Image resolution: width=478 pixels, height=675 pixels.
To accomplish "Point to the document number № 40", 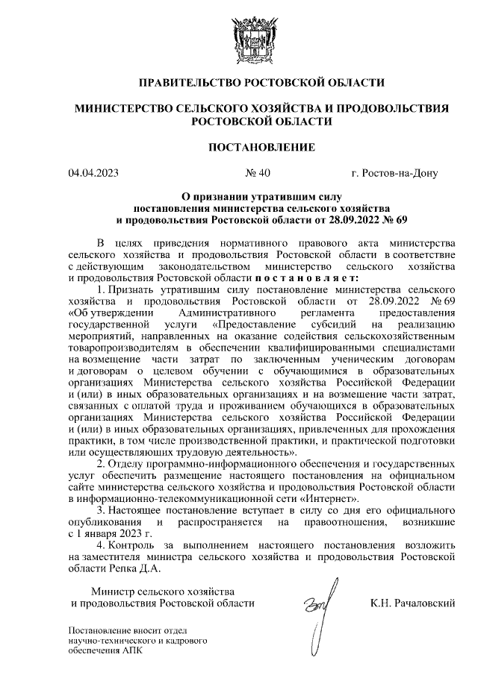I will [258, 175].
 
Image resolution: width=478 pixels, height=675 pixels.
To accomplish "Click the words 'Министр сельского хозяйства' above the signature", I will [153, 591].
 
